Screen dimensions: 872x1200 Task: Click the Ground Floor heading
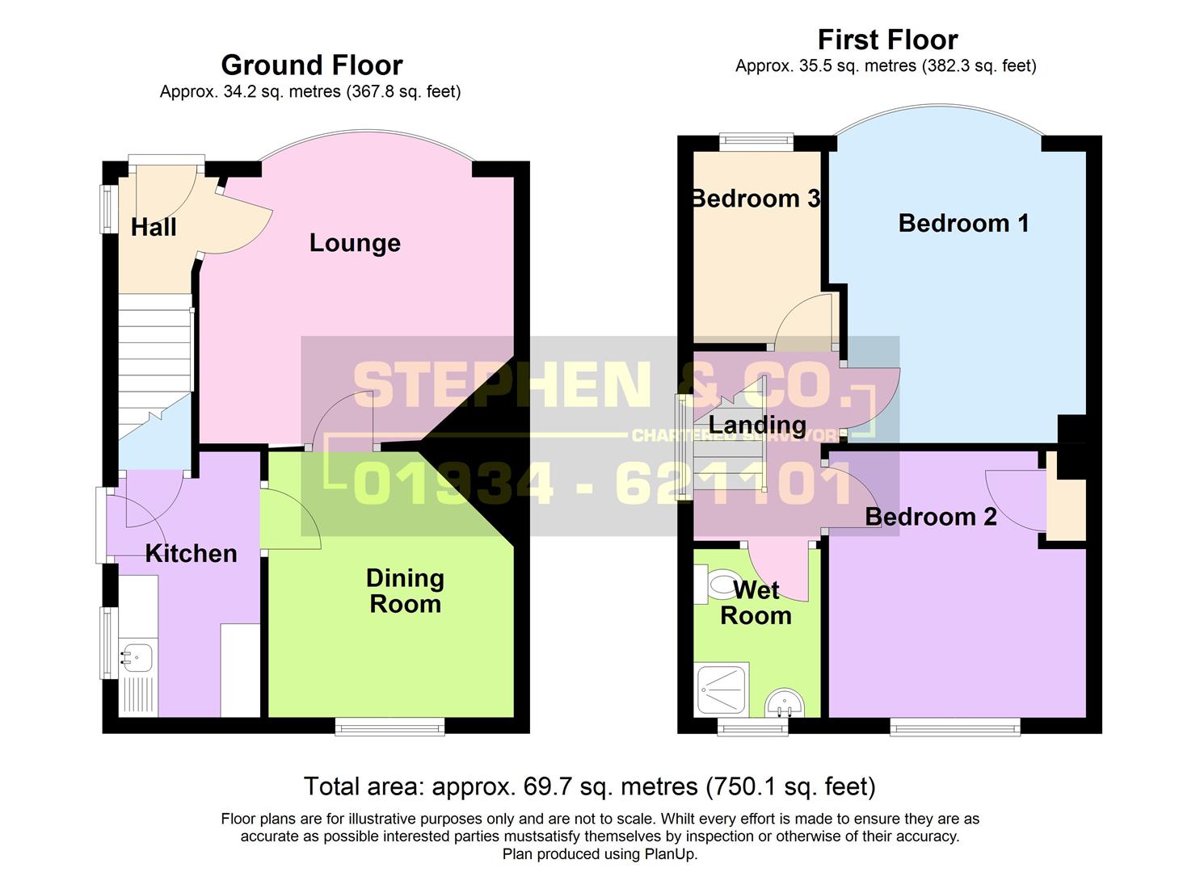pos(311,65)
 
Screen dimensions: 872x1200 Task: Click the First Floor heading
pos(887,40)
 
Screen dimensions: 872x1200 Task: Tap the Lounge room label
pos(355,243)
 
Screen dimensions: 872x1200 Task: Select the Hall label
pos(154,228)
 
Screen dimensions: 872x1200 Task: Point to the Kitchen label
pos(191,554)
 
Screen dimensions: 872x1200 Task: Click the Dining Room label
pos(405,591)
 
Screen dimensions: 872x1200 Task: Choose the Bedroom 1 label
pos(963,224)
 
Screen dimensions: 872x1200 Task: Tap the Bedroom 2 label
pos(930,517)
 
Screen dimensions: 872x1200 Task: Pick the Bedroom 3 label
pos(756,199)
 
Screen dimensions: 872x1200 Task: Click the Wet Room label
pos(756,603)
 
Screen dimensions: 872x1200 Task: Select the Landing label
pos(757,425)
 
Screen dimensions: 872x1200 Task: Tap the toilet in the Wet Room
pos(716,584)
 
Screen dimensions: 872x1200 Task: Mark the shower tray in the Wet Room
pos(721,690)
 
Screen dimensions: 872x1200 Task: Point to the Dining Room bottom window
pos(389,727)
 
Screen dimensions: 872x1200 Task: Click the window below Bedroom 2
pos(954,727)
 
